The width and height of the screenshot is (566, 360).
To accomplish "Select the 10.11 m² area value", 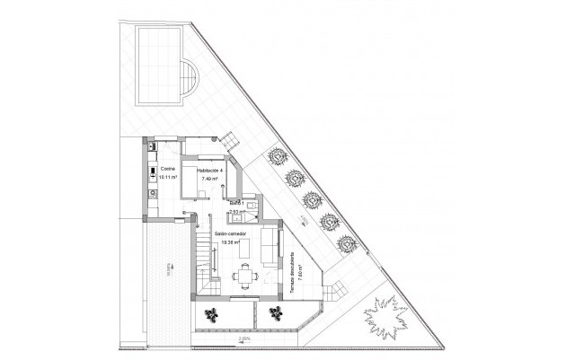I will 167,178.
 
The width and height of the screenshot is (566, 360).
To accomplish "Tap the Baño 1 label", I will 237,204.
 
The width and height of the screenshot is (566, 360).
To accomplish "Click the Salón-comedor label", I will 231,232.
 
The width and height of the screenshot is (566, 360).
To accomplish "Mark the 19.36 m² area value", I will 231,241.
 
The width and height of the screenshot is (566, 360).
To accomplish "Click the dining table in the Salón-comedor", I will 243,277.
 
